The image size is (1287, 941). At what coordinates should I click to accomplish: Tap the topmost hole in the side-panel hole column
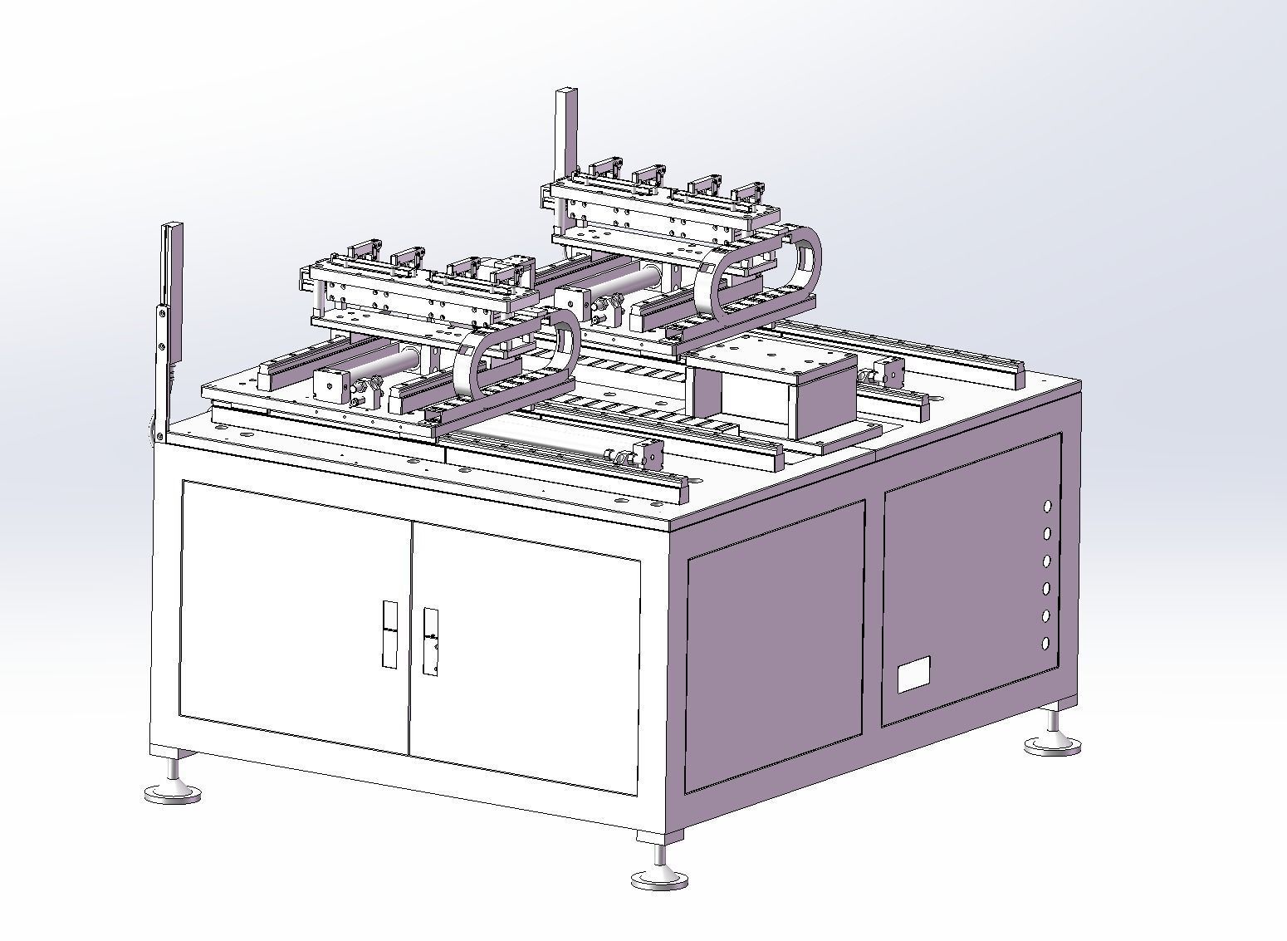tap(1048, 506)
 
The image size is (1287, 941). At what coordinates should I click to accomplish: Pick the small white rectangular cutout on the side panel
tap(913, 673)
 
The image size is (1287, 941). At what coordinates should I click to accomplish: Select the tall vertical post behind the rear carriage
tap(567, 133)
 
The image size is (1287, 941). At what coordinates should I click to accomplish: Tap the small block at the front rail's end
tap(648, 454)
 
